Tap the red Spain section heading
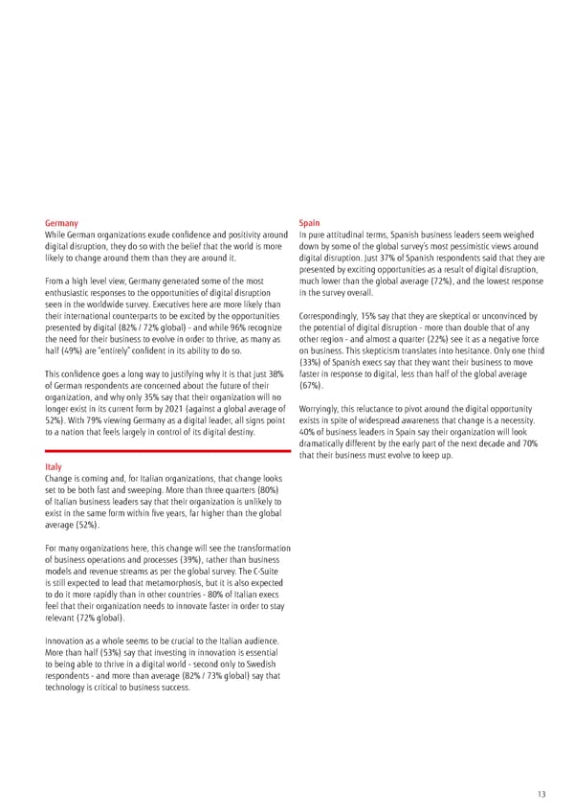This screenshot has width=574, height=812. [x=310, y=222]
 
